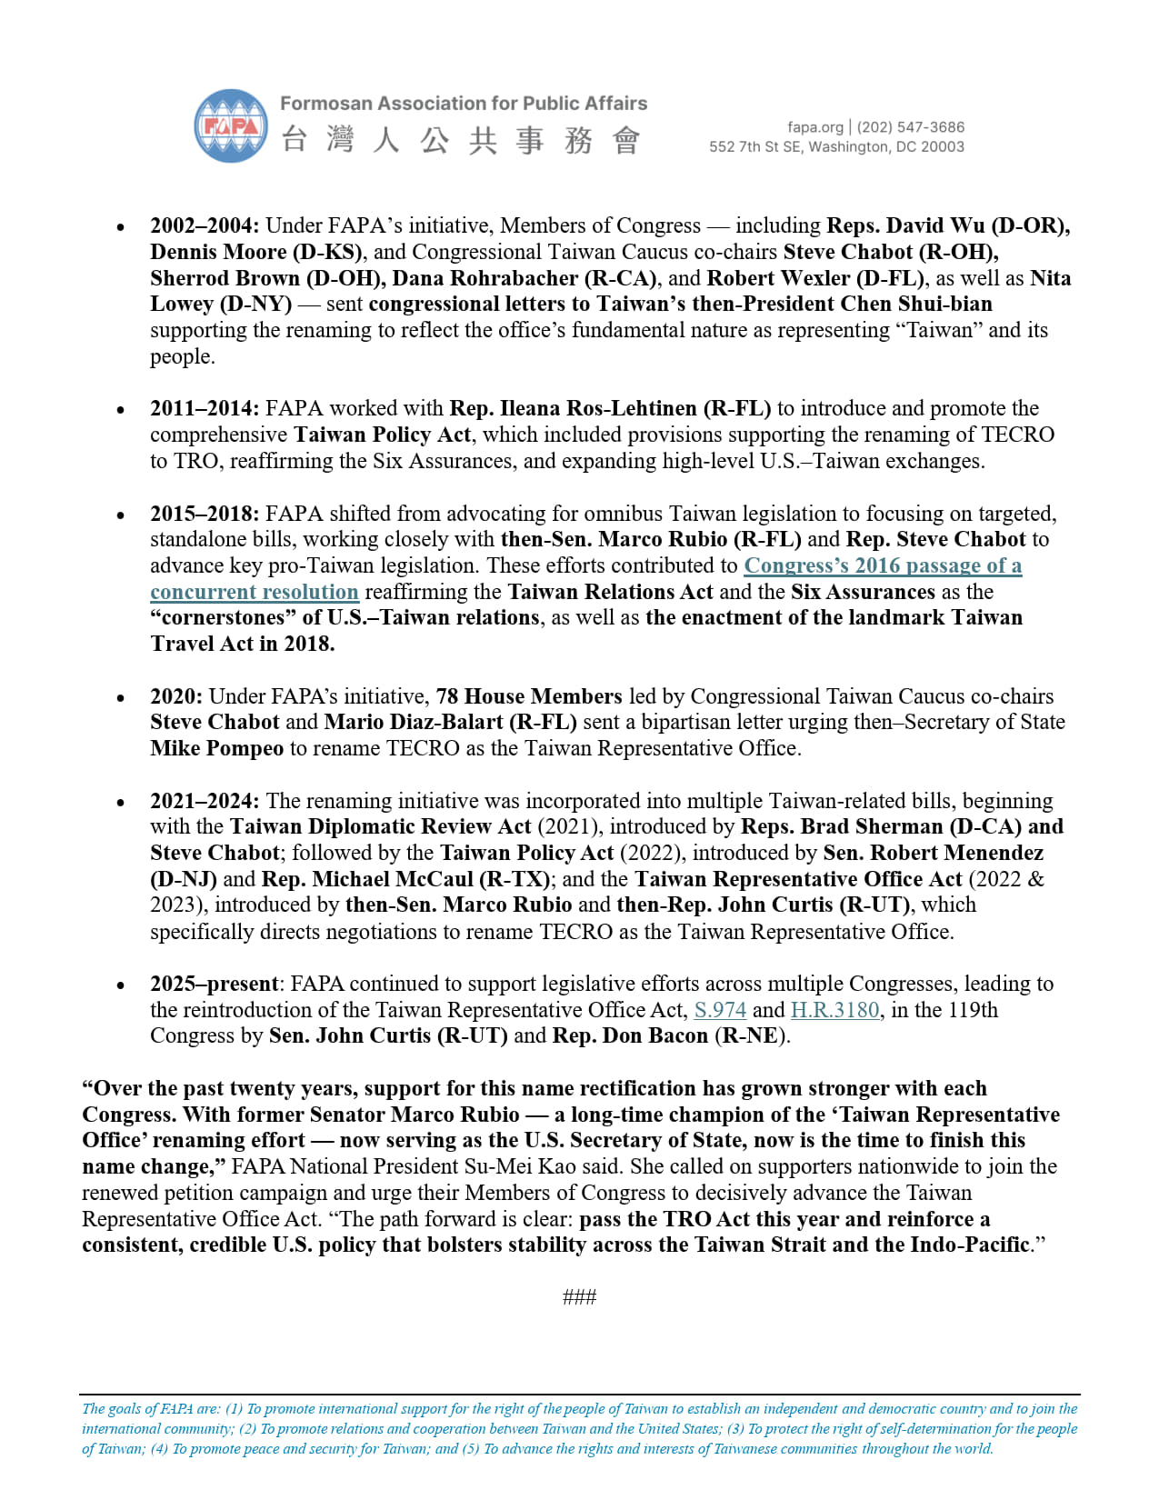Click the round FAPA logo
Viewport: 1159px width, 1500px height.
click(x=231, y=126)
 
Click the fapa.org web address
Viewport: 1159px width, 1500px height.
click(x=814, y=127)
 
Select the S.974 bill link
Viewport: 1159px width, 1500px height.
click(x=720, y=1010)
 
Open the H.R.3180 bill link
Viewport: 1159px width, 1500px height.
click(x=834, y=1010)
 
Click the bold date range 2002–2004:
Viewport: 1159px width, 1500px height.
click(x=205, y=225)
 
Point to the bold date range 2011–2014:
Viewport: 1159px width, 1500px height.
click(x=205, y=408)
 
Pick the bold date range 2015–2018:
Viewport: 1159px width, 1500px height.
click(x=205, y=514)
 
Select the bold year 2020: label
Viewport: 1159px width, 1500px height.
click(x=176, y=696)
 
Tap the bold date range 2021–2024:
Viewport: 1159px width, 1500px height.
click(x=205, y=801)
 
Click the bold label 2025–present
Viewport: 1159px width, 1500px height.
click(x=214, y=984)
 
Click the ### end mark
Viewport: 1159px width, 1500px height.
click(x=579, y=1297)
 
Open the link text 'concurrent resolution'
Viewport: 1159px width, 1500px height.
click(x=255, y=592)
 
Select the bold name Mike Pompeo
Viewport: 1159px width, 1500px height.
click(x=217, y=748)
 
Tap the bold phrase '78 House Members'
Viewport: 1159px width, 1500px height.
click(x=529, y=696)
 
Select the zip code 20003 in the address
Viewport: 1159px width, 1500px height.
click(x=943, y=147)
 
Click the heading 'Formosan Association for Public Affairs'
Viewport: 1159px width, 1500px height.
click(x=464, y=104)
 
